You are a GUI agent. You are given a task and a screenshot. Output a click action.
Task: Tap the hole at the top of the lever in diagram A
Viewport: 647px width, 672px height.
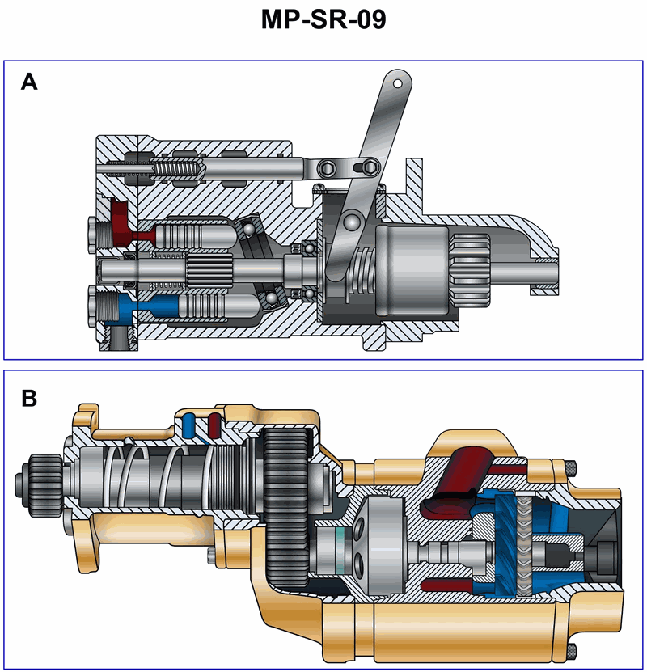pyautogui.click(x=397, y=82)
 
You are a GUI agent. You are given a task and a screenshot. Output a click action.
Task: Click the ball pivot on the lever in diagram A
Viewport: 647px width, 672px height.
pyautogui.click(x=349, y=220)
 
